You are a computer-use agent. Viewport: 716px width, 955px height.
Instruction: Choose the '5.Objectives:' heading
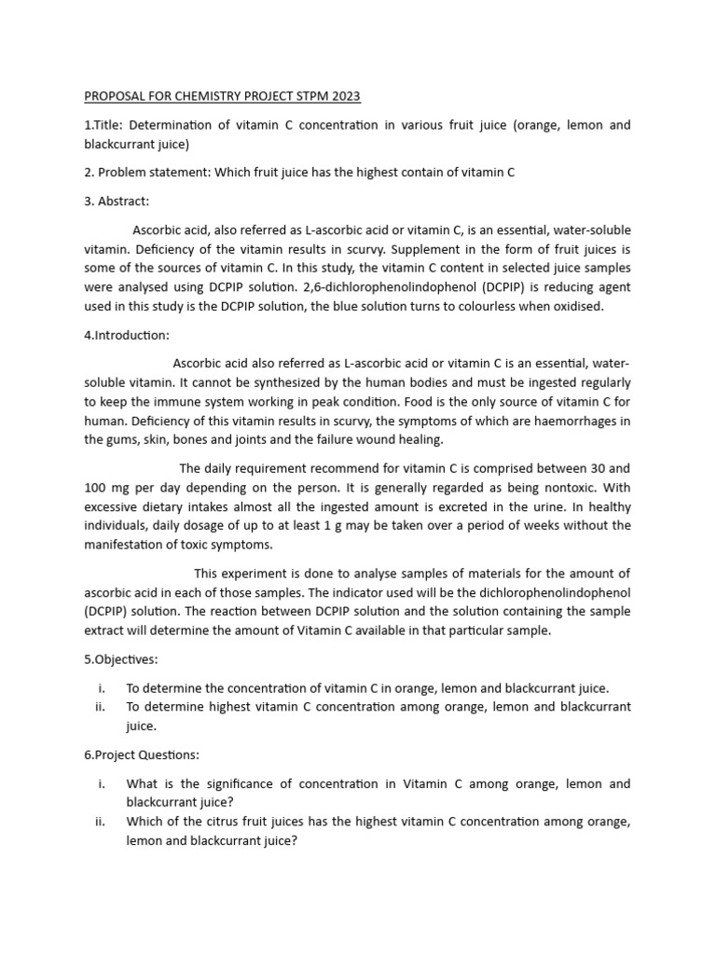121,659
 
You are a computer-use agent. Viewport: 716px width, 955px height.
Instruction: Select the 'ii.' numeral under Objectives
101,707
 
